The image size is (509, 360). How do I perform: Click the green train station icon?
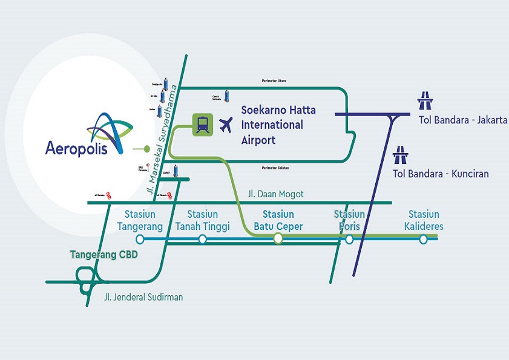point(202,125)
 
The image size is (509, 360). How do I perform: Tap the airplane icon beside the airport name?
point(226,125)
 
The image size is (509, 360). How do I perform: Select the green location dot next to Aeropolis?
point(146,148)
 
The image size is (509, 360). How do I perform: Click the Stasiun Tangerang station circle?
point(140,239)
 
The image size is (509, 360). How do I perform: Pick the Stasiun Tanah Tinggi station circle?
point(202,239)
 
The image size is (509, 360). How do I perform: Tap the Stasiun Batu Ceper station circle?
point(278,238)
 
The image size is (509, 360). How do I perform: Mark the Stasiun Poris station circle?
point(349,239)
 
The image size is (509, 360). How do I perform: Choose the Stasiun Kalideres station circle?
point(424,239)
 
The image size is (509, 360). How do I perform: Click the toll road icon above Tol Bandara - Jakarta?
point(425,99)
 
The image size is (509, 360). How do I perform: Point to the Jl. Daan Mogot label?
point(276,194)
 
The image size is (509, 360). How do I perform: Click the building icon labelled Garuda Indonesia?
point(228,96)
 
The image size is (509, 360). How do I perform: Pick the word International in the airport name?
point(272,125)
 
